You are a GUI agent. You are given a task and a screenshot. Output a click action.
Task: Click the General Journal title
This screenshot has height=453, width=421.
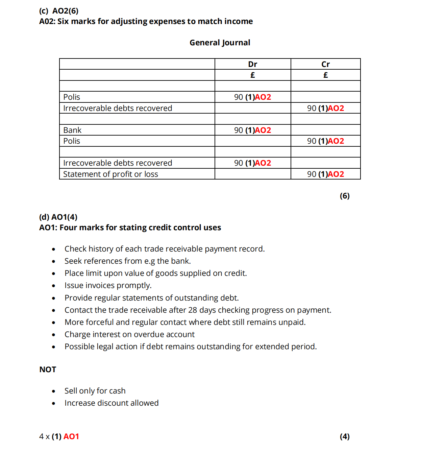pyautogui.click(x=220, y=43)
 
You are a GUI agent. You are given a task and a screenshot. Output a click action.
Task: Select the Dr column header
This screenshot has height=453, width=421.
pyautogui.click(x=252, y=64)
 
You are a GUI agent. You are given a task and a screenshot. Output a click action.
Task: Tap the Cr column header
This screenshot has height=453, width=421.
pyautogui.click(x=325, y=64)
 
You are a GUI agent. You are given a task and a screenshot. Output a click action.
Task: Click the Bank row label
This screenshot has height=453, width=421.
pyautogui.click(x=72, y=130)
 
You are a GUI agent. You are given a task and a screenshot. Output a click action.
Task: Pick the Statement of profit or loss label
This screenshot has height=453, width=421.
pyautogui.click(x=110, y=174)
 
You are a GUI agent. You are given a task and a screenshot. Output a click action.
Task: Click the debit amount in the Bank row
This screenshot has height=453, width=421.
pyautogui.click(x=252, y=130)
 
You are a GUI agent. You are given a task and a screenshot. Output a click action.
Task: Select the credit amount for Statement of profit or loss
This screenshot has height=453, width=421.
pyautogui.click(x=325, y=174)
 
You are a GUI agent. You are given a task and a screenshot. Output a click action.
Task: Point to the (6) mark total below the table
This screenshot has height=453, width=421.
pyautogui.click(x=344, y=196)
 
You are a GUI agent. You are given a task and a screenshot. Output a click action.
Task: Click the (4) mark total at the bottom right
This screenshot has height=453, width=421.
pyautogui.click(x=344, y=436)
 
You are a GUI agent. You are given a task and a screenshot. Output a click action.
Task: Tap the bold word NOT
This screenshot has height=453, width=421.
pyautogui.click(x=48, y=369)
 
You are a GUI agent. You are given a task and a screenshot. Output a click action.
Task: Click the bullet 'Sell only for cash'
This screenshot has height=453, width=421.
pyautogui.click(x=95, y=391)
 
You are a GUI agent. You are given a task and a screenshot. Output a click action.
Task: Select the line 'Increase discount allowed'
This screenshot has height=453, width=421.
pyautogui.click(x=112, y=403)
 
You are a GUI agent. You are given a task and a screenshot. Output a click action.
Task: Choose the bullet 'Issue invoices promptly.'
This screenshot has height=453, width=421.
pyautogui.click(x=108, y=285)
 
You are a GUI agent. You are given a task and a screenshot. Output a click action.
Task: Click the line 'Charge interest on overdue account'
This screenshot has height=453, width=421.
pyautogui.click(x=129, y=334)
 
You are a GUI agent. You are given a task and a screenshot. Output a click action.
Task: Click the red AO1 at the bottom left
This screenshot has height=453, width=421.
pyautogui.click(x=71, y=436)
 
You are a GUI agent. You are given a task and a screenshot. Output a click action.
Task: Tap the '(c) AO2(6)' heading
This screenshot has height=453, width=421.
pyautogui.click(x=59, y=11)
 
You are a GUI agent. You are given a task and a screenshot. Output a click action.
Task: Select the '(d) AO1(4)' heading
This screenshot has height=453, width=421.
pyautogui.click(x=58, y=217)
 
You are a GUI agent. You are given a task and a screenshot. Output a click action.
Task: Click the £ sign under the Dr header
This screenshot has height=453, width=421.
pyautogui.click(x=252, y=75)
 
